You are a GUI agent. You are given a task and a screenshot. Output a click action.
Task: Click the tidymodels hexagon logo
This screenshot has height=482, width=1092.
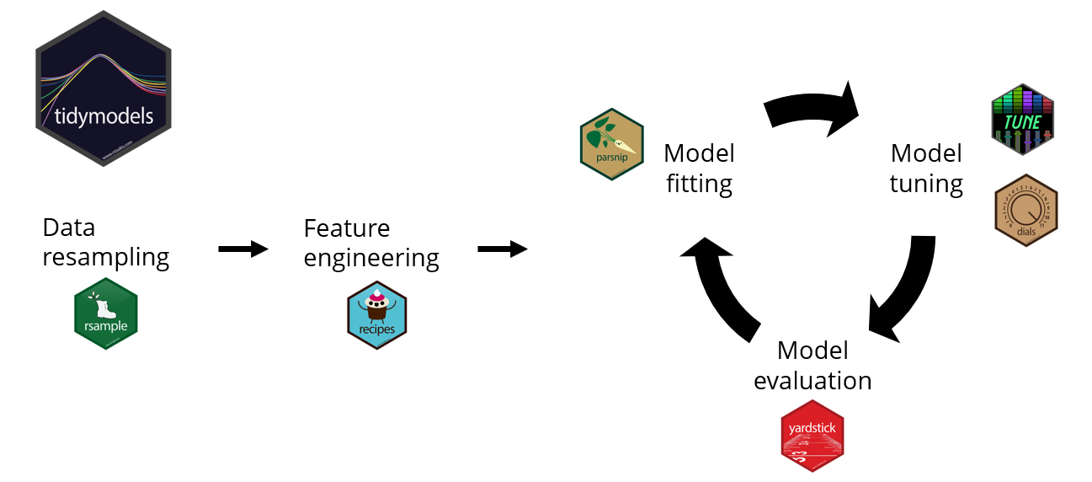104,88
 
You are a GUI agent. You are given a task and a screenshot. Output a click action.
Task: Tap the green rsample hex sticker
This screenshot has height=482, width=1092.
106,313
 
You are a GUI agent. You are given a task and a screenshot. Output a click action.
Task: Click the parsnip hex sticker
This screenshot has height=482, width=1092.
612,144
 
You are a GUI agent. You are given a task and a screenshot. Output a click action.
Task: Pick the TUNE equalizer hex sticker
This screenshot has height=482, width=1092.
1023,120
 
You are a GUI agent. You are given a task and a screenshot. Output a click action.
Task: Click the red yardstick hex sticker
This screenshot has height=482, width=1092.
812,435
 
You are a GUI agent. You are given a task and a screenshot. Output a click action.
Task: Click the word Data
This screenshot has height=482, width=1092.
69,228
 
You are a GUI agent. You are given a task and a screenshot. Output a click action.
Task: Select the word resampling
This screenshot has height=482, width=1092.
106,257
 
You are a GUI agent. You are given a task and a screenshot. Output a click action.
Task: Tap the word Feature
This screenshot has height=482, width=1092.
347,228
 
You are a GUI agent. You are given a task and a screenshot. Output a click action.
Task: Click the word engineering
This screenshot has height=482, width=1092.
371,258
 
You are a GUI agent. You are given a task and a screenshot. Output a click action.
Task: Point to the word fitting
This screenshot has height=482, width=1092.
699,184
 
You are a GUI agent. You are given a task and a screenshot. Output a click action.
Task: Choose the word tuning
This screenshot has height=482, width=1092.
926,184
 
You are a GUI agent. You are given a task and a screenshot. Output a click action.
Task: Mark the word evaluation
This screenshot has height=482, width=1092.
812,381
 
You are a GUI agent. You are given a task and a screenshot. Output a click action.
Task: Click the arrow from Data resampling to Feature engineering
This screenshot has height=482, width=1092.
242,249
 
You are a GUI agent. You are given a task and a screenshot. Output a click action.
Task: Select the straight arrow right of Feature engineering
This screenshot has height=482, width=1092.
502,249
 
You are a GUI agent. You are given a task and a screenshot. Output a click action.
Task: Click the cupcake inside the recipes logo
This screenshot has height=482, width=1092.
376,308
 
